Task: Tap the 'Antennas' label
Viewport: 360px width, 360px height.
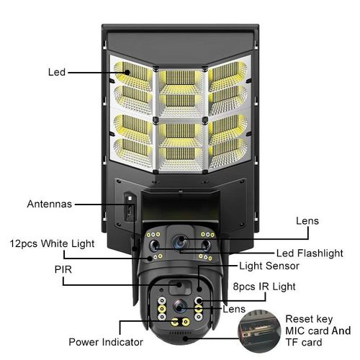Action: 49,204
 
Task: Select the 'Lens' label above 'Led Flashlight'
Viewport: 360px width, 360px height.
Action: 307,221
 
